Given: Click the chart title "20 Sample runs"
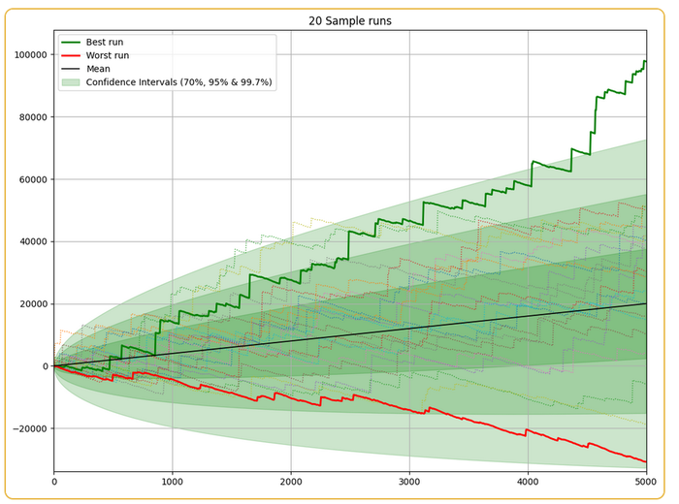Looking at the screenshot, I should tap(350, 21).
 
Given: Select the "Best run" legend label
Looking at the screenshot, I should tap(105, 43).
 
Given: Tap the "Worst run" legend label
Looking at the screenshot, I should tap(108, 56).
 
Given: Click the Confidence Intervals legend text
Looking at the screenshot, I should tap(180, 83).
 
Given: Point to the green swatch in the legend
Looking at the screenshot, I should tap(70, 83).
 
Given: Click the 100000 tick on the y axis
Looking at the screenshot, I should tap(28, 55).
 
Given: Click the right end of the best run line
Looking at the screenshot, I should tap(645, 62).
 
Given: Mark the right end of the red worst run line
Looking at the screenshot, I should tap(645, 462).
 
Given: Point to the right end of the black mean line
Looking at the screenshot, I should tap(645, 303).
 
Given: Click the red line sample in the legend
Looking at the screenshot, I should tap(70, 56).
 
